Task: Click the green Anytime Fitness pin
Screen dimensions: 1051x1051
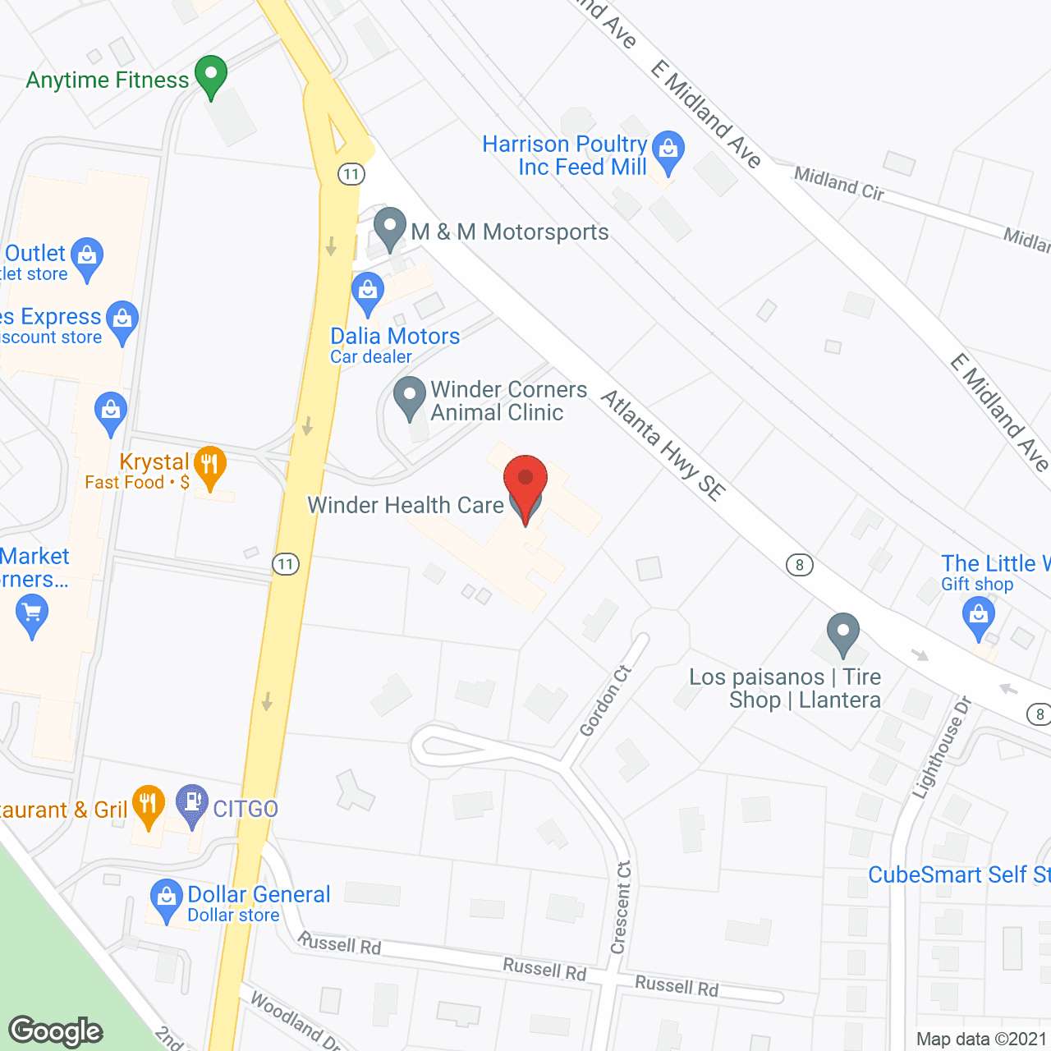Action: [211, 76]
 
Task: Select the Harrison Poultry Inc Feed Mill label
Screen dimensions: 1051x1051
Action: [565, 155]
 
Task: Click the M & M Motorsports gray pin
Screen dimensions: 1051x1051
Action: [390, 227]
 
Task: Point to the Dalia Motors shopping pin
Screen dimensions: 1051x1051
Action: [368, 292]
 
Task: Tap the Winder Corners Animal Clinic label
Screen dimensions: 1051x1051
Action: [508, 401]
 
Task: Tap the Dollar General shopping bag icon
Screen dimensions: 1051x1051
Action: [167, 898]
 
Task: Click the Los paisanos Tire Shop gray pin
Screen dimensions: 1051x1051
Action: [842, 633]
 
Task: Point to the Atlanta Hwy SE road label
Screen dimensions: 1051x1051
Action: [663, 444]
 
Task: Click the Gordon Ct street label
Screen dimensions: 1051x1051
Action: [606, 700]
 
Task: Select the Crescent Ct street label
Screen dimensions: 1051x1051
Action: [622, 907]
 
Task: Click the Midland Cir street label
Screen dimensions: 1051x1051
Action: [838, 182]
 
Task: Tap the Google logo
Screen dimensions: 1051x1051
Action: [56, 1031]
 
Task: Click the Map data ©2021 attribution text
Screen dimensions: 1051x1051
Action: [981, 1040]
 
